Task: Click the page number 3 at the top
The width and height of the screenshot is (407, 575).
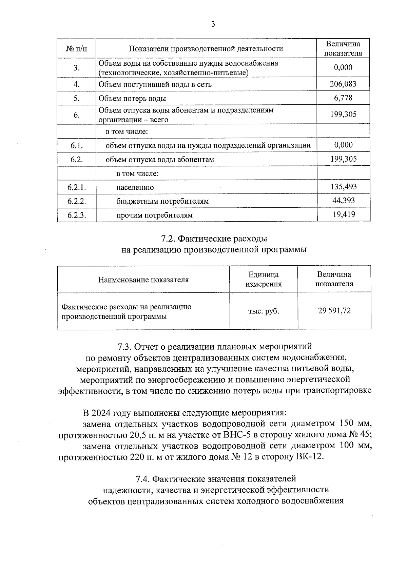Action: tap(213, 24)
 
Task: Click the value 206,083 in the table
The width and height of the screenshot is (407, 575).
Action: tap(343, 84)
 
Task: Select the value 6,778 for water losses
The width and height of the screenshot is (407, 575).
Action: tap(343, 98)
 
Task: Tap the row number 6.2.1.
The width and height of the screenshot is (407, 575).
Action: tap(77, 187)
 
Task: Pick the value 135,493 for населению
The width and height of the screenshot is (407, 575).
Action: tap(344, 187)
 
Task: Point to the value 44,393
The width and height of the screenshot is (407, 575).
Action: tap(344, 201)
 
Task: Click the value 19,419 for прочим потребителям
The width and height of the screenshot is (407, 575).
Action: tap(344, 214)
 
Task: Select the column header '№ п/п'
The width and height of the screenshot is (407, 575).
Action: tap(77, 49)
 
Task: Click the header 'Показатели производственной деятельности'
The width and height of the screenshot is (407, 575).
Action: tap(206, 49)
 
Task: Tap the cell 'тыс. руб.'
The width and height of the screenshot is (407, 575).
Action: tap(264, 311)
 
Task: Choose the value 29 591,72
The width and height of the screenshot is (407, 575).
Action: tap(334, 311)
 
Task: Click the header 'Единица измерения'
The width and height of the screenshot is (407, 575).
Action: tap(264, 279)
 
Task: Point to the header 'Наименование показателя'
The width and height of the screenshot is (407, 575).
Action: tap(143, 280)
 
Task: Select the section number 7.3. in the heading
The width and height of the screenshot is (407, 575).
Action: tap(124, 347)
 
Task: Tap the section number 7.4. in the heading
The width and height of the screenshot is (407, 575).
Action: tap(142, 479)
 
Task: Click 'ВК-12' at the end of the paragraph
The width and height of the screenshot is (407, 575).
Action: tap(309, 456)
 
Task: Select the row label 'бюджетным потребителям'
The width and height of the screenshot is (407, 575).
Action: tap(162, 201)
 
